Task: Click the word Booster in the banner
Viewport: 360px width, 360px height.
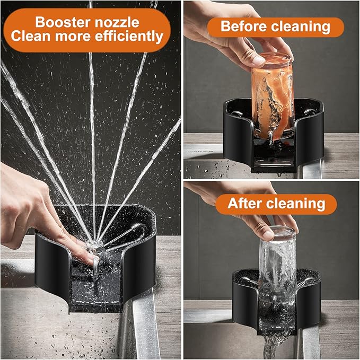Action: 63,22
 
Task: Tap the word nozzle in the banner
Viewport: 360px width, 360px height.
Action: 117,22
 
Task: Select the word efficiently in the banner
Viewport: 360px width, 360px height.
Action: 129,36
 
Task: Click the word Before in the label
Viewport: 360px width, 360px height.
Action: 244,26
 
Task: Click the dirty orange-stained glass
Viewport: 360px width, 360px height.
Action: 273,96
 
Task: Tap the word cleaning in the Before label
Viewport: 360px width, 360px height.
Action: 301,27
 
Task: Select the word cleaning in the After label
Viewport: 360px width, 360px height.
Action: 296,204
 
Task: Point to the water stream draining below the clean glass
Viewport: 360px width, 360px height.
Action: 273,345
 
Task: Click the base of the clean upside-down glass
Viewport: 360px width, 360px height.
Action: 278,231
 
